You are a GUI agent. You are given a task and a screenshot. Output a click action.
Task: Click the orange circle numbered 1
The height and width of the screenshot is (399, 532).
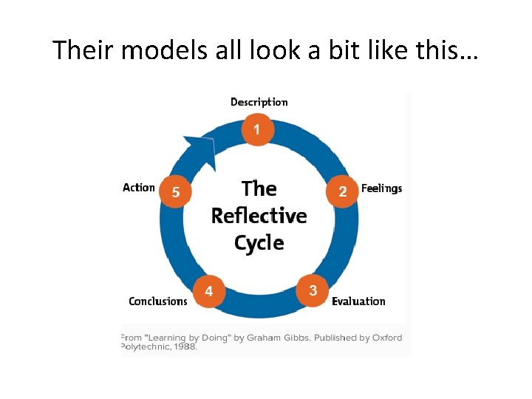257,129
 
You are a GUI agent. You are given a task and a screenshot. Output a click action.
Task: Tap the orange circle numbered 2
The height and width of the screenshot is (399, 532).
342,191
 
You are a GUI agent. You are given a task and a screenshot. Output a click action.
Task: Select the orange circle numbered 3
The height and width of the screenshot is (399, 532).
313,290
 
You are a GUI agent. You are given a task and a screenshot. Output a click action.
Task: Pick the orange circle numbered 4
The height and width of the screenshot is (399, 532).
209,291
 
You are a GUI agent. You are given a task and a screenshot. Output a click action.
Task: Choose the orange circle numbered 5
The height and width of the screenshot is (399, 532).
176,192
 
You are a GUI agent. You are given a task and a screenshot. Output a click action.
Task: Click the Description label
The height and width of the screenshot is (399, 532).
259,102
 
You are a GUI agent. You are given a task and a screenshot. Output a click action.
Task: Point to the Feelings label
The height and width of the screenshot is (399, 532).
381,188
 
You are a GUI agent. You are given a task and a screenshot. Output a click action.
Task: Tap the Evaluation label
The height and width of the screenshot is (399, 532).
358,301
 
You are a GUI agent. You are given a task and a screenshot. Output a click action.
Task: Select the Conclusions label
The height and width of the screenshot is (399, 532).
158,301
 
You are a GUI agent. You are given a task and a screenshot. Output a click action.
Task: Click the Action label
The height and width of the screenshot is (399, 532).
139,188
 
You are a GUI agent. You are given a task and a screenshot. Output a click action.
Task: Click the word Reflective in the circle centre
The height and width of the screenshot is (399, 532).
259,216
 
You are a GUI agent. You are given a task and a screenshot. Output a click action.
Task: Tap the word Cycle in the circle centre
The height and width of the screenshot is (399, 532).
259,242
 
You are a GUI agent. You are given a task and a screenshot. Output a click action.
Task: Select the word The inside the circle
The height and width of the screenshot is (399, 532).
259,188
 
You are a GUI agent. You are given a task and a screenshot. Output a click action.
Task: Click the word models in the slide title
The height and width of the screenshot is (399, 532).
152,50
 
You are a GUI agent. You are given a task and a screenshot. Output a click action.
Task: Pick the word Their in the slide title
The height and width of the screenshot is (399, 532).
81,50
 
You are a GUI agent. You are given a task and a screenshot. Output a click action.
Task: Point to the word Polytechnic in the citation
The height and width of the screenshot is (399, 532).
143,347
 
